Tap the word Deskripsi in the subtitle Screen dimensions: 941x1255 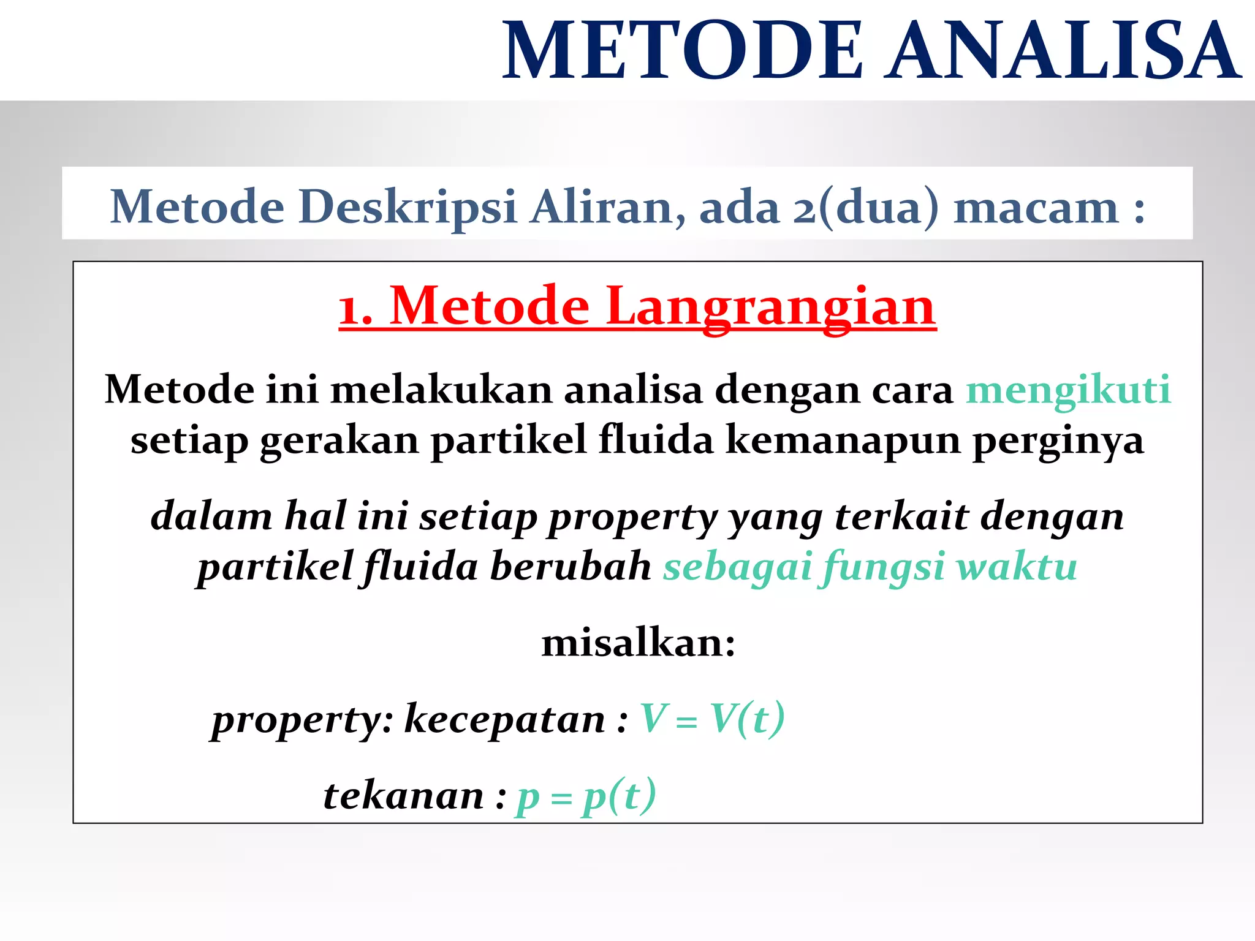(408, 207)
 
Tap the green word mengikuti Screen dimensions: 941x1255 (1068, 390)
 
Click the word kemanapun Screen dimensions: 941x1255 (843, 440)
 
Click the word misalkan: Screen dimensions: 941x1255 (638, 643)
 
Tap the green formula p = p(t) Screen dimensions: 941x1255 (586, 796)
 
